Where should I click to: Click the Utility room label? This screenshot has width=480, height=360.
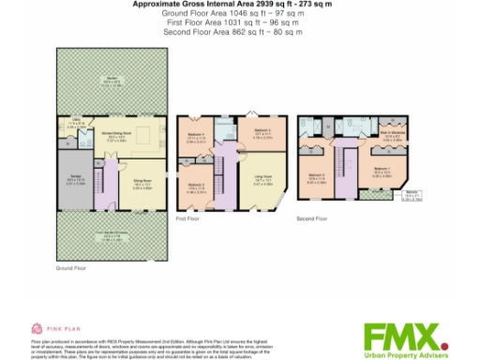74,124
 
